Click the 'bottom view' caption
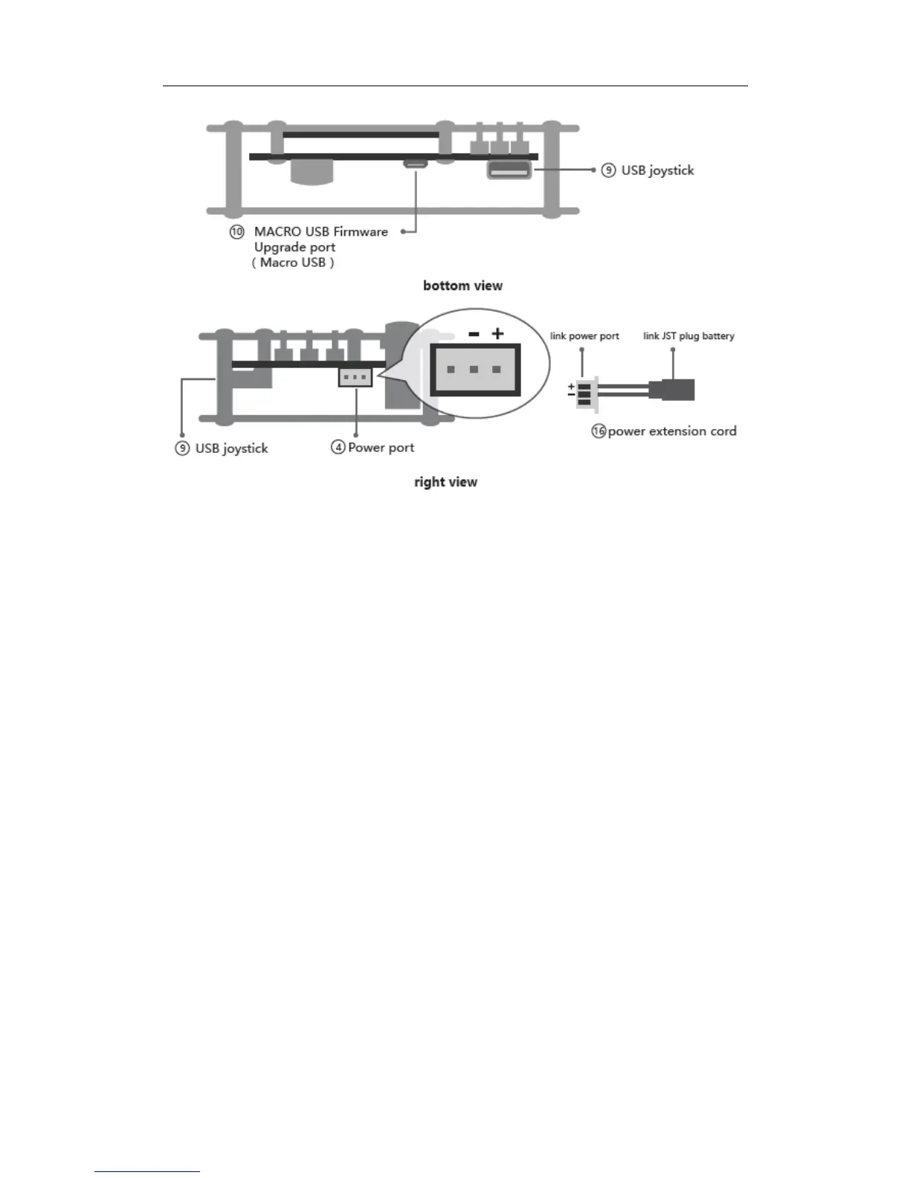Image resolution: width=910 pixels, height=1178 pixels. [462, 286]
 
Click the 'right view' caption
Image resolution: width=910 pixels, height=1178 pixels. [445, 482]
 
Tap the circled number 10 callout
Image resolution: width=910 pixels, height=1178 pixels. [236, 232]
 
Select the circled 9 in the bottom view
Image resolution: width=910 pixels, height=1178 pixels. [608, 170]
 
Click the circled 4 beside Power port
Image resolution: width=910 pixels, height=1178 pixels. [338, 447]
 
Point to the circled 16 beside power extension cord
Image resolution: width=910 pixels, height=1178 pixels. [598, 431]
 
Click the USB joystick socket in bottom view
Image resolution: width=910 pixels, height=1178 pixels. [509, 170]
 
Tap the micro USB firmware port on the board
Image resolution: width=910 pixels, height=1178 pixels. [415, 163]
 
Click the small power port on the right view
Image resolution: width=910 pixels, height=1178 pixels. [355, 378]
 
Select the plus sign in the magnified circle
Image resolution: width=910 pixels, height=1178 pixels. [497, 334]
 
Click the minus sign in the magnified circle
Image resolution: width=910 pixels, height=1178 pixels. [474, 335]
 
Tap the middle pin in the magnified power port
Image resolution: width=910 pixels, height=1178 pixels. [474, 370]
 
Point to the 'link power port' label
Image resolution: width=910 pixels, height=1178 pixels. [584, 336]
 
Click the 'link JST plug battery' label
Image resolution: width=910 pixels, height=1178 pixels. [688, 336]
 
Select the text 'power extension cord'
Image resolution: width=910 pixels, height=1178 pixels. [672, 431]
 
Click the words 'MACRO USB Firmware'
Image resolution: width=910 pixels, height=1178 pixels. [321, 232]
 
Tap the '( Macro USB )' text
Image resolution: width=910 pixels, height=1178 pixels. [293, 263]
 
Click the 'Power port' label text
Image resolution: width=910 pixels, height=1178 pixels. [381, 448]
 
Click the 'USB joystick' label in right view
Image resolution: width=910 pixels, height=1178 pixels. [231, 448]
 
